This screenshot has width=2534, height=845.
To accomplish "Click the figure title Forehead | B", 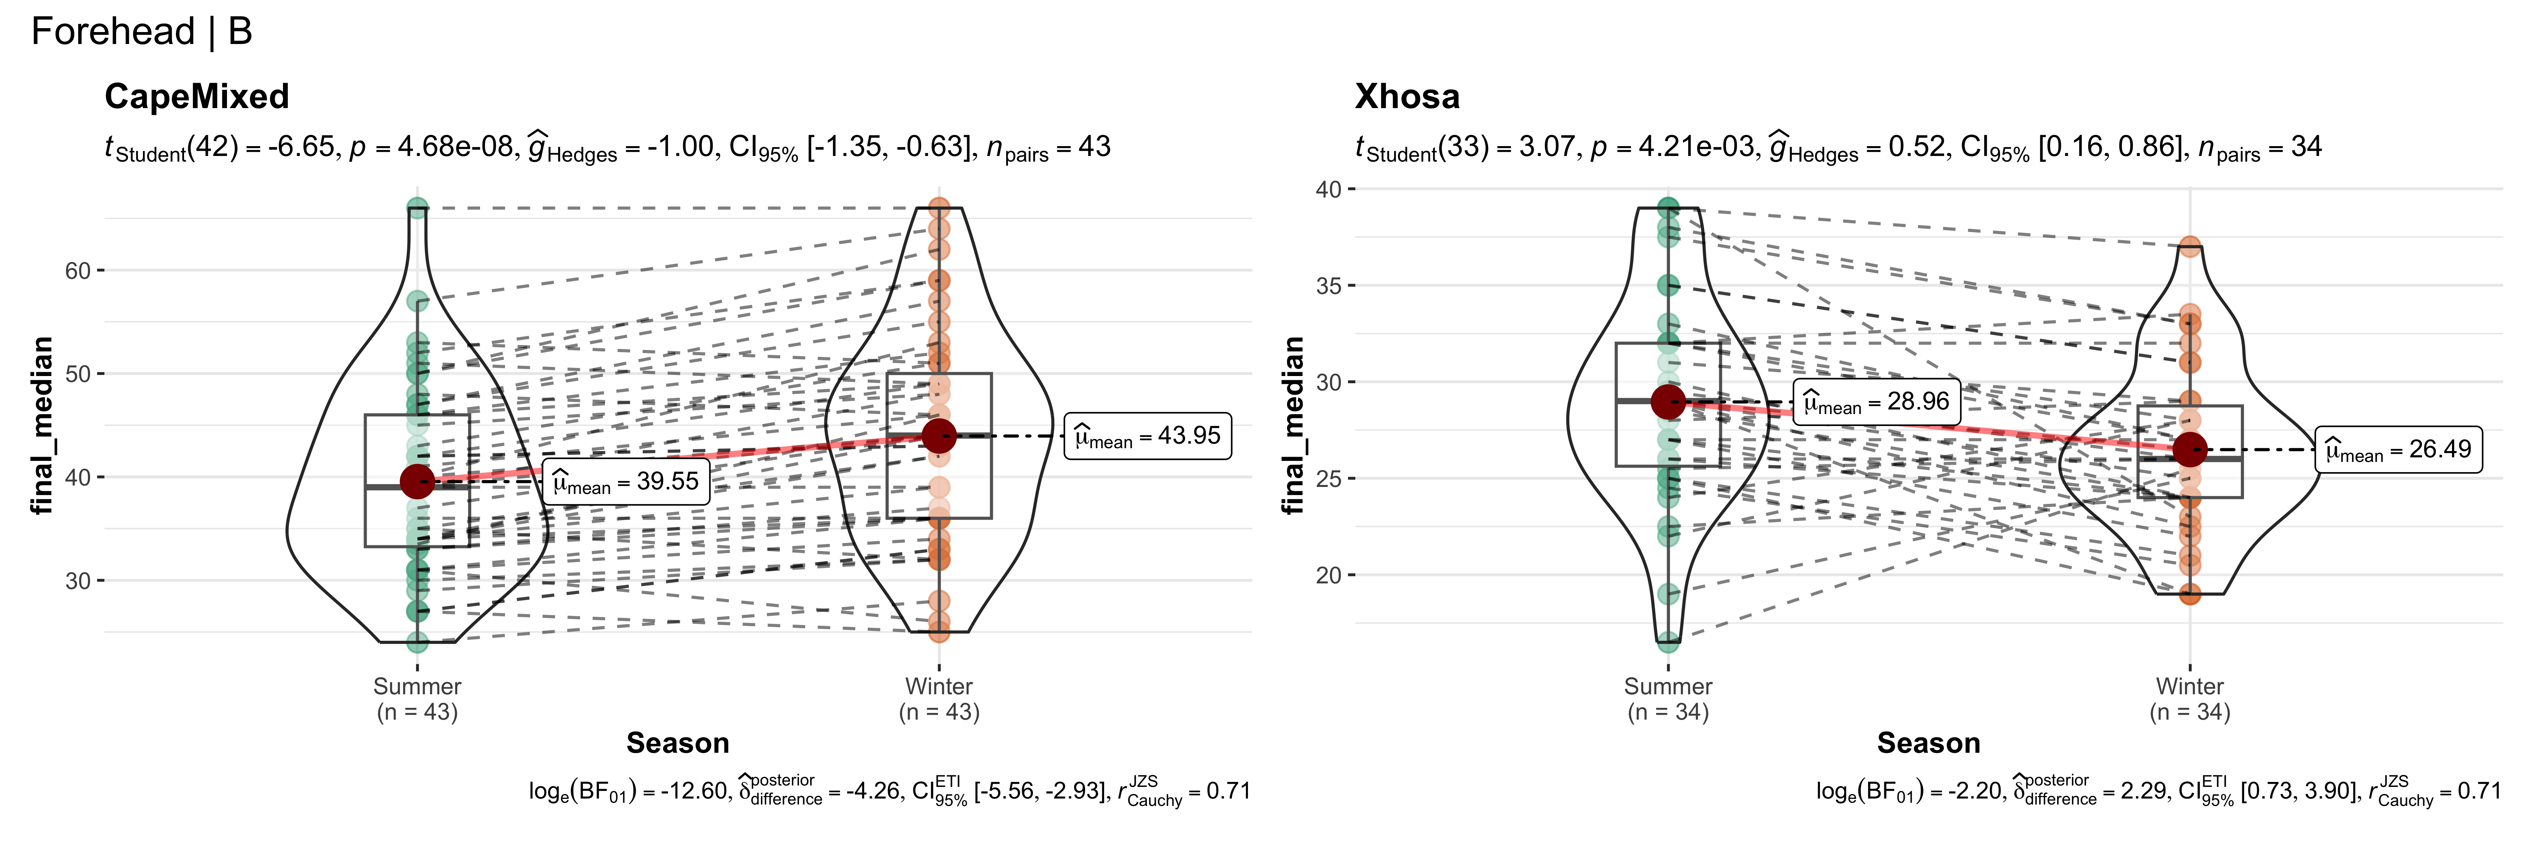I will click(x=141, y=31).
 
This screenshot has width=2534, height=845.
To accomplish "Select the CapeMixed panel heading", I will click(x=197, y=96).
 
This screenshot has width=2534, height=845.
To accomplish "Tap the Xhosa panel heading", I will click(x=1407, y=96).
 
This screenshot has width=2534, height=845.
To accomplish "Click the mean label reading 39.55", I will click(x=626, y=482).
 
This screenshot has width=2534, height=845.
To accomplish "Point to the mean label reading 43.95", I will click(x=1148, y=436).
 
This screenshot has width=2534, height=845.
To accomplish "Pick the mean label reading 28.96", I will click(x=1876, y=401).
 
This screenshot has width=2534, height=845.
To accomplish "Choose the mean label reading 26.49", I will click(x=2398, y=450).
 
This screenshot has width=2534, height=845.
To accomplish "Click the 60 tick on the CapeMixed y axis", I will click(x=78, y=270).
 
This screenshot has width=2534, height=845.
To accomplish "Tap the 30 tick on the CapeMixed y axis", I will click(x=78, y=580).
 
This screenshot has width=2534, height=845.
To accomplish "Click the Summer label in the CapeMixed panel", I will click(x=417, y=687).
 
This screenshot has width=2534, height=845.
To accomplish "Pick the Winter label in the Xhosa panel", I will click(x=2190, y=687).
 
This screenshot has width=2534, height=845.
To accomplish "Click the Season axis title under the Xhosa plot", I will click(x=1928, y=743).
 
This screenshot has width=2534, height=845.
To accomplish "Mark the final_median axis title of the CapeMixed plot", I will click(x=41, y=425).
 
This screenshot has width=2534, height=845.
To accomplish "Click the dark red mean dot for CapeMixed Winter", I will click(x=939, y=436).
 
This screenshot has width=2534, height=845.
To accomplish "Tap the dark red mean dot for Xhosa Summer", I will click(x=1668, y=401).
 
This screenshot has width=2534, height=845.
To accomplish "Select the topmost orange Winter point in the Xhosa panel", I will click(x=2190, y=247).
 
